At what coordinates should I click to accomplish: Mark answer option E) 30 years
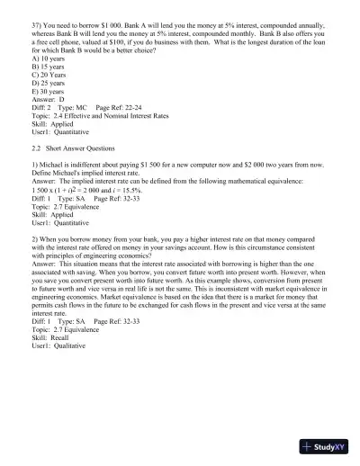coord(48,111)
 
